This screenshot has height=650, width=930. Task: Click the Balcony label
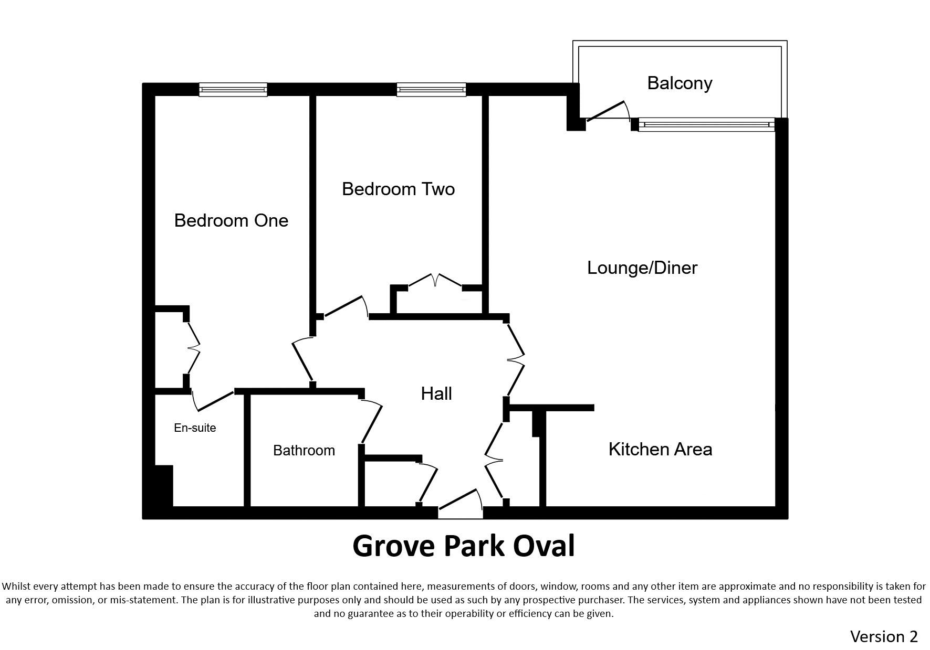coord(680,83)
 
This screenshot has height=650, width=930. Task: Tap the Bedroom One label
coord(231,220)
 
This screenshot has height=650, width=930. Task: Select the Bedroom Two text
coord(398,189)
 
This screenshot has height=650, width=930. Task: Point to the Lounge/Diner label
coord(642,268)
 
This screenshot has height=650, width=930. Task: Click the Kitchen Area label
coord(660,449)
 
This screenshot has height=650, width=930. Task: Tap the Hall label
coord(436,393)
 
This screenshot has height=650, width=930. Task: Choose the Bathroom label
coord(304,450)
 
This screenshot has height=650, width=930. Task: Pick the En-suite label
coord(195,428)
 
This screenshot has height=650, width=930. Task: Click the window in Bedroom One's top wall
coord(233,90)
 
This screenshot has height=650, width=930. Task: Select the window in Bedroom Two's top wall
coord(431,90)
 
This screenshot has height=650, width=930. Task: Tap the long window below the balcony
coord(706,124)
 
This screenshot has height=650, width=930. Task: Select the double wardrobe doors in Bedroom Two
coord(435,280)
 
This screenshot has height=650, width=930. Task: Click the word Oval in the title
coord(544,546)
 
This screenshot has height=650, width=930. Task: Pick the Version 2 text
coord(884,636)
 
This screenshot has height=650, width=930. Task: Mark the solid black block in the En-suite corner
coord(163,486)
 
